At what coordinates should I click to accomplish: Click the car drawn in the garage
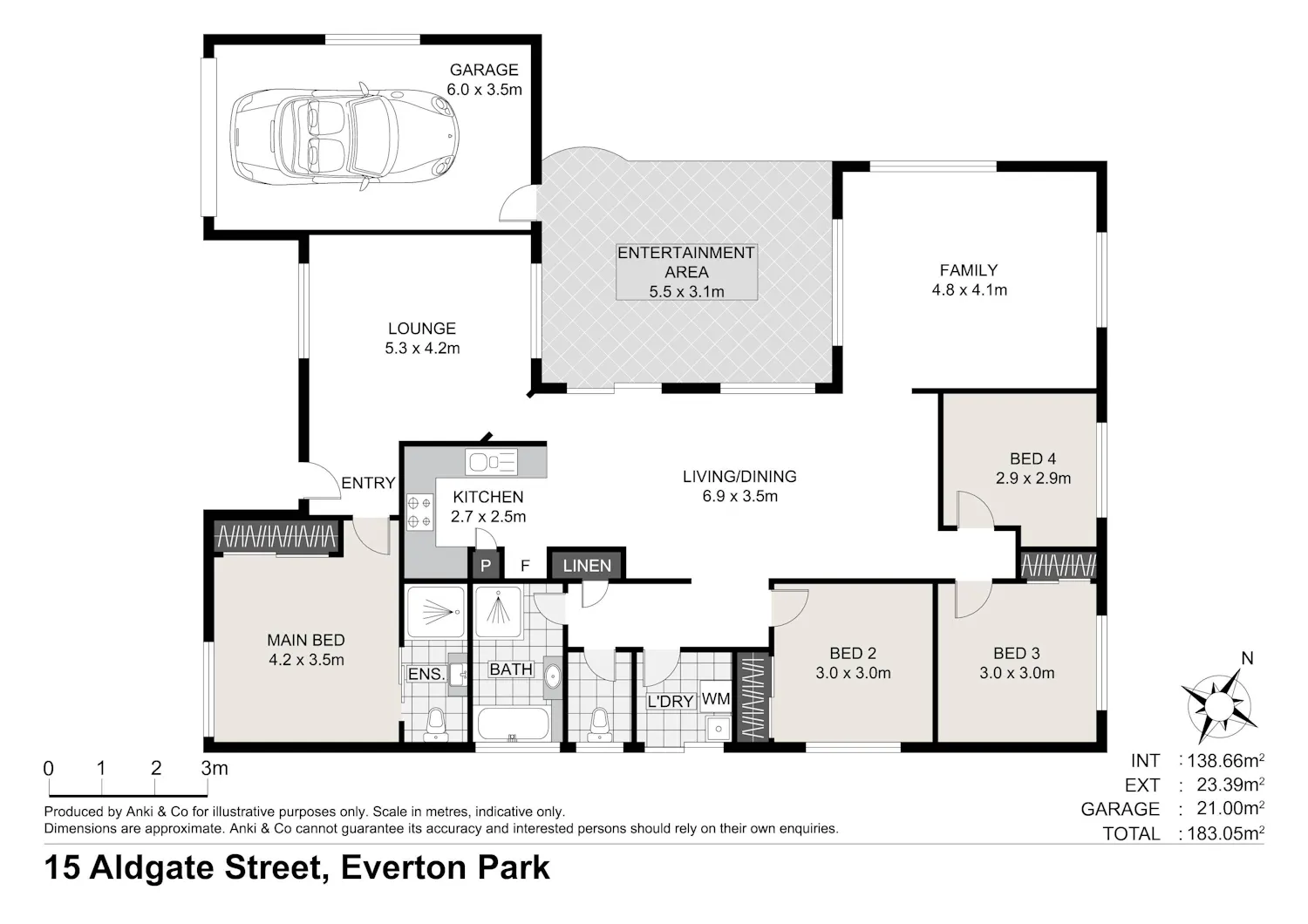[344, 136]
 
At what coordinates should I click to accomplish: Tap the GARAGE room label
[484, 70]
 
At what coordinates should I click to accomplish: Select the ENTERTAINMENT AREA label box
[687, 272]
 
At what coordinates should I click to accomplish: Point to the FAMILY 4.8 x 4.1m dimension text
[970, 290]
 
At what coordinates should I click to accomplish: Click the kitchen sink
[492, 462]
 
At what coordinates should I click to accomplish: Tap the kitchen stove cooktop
[419, 512]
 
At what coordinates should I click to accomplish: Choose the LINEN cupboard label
[587, 566]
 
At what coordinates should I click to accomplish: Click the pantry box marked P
[485, 566]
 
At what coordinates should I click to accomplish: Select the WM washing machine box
[715, 699]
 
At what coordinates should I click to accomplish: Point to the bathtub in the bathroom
[514, 724]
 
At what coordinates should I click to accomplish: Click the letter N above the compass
[1247, 659]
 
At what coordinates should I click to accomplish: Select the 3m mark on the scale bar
[215, 769]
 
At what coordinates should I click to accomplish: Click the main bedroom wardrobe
[276, 536]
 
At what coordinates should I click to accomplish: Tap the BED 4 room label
[1033, 459]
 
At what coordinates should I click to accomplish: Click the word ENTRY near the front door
[369, 483]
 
